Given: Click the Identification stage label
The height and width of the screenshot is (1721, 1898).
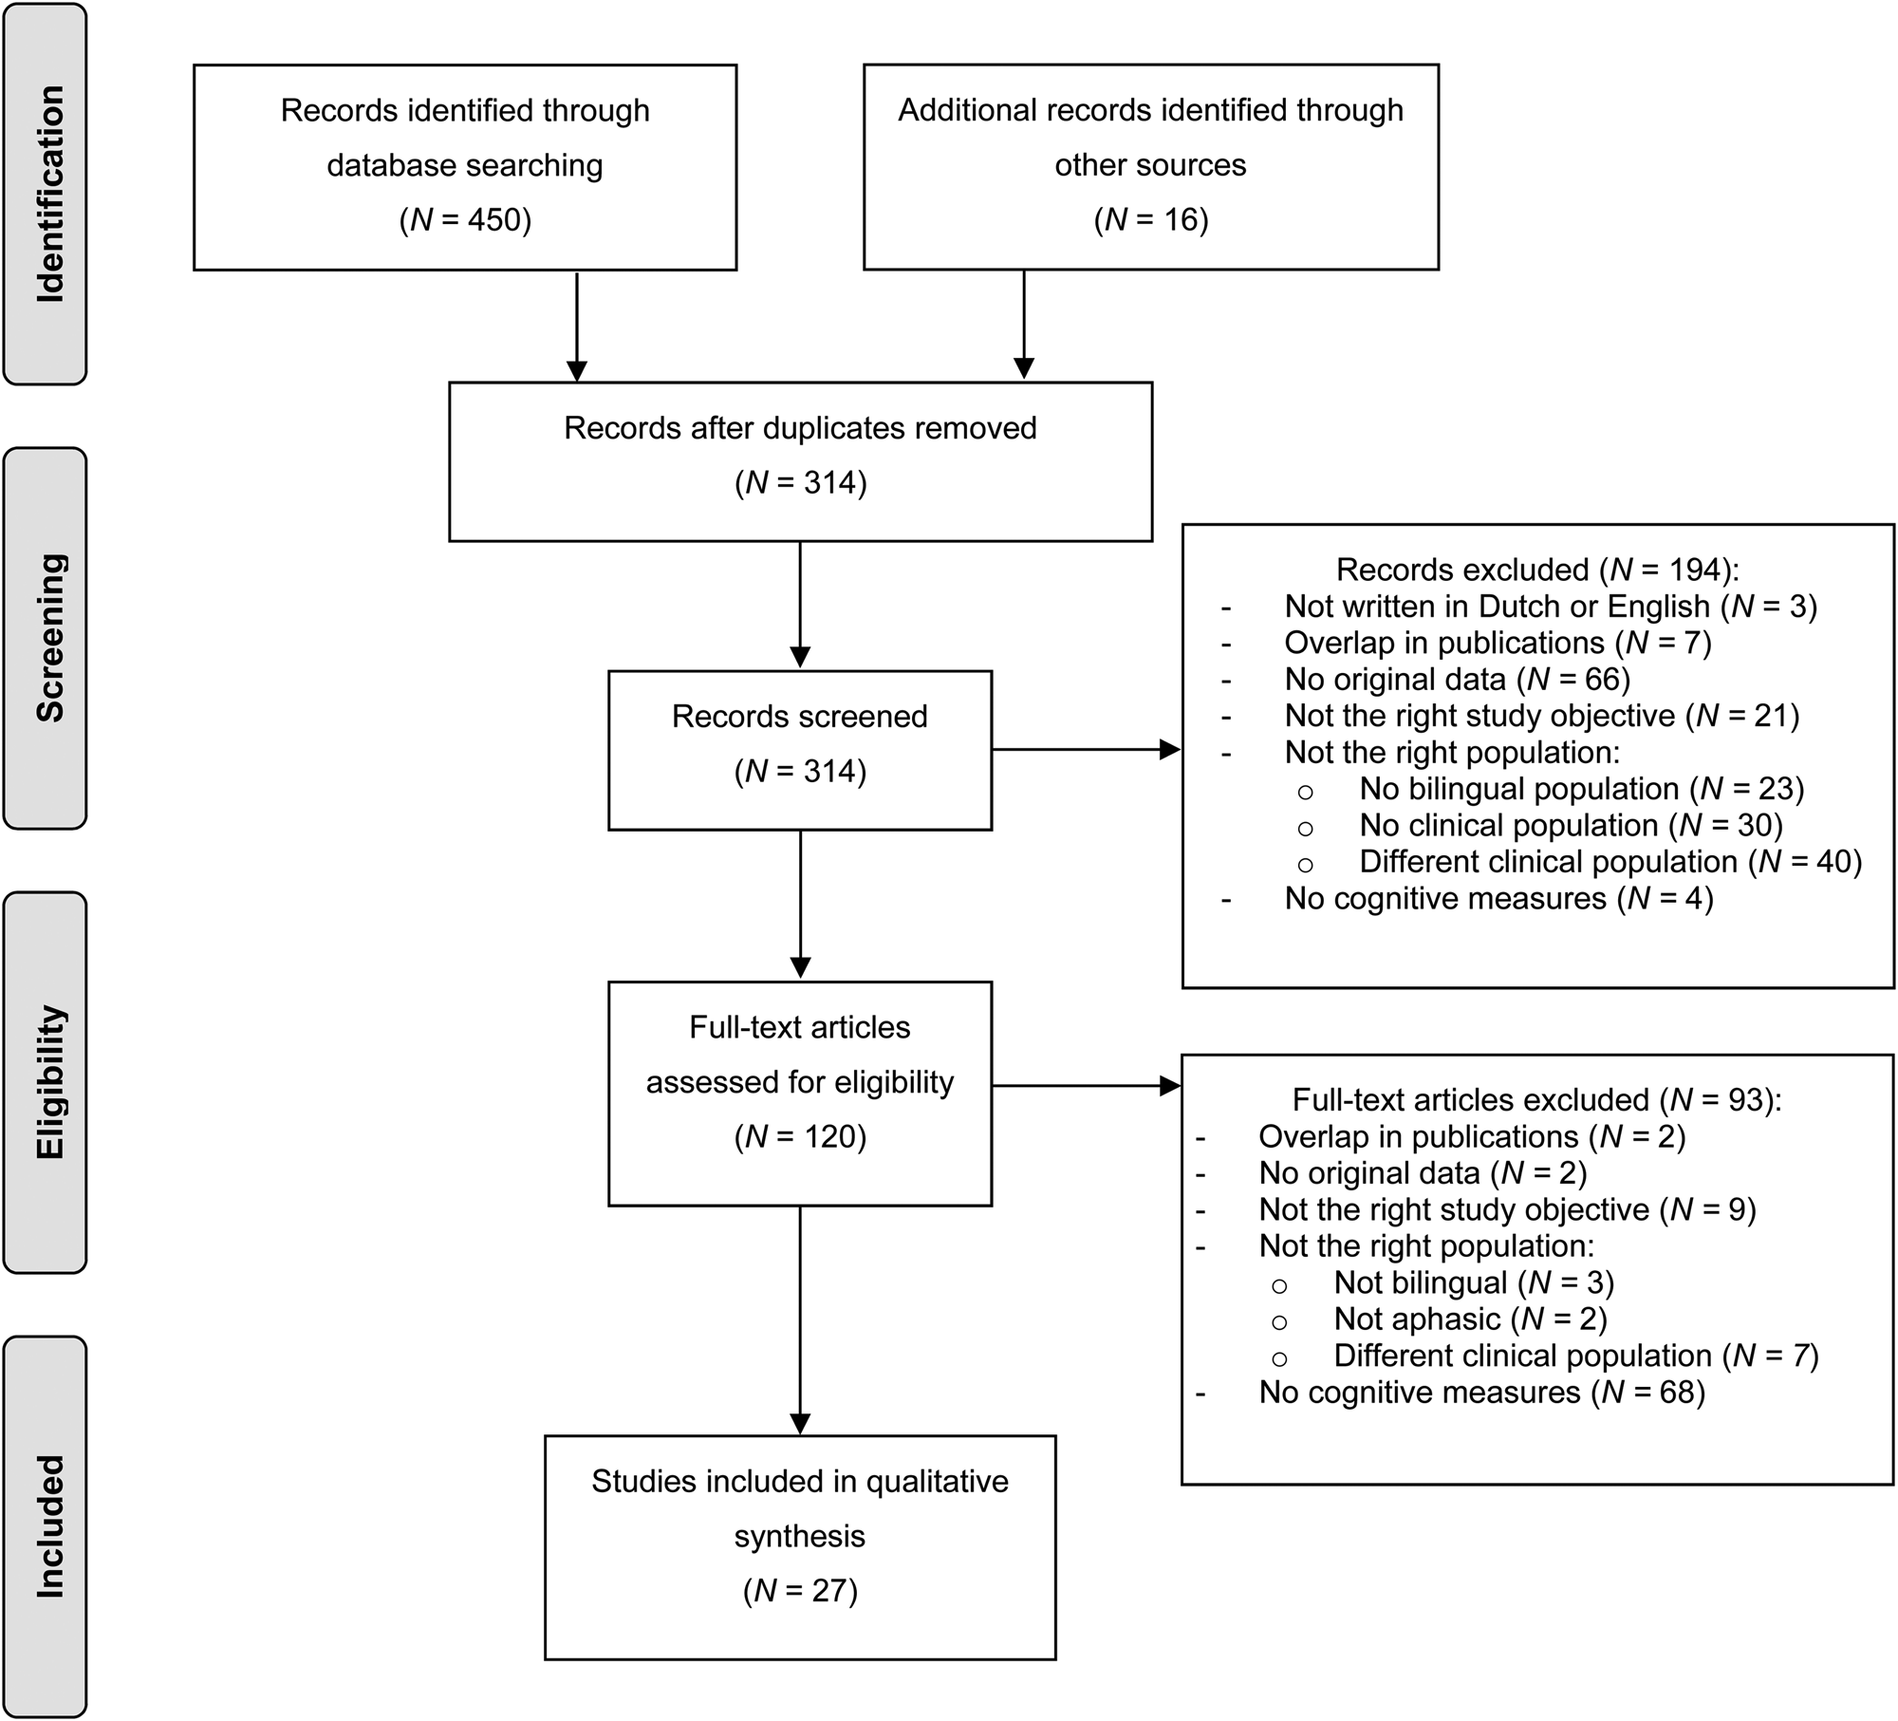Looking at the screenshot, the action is pyautogui.click(x=49, y=195).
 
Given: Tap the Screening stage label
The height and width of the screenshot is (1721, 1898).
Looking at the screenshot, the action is pyautogui.click(x=49, y=638).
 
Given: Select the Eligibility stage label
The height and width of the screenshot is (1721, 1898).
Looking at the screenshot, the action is pyautogui.click(x=49, y=1081).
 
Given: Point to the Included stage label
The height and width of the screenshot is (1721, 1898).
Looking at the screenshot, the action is pyautogui.click(x=49, y=1526).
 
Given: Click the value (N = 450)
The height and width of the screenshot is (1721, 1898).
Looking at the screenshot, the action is pyautogui.click(x=465, y=219).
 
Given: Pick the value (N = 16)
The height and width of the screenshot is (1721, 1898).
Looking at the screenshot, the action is pyautogui.click(x=1151, y=219).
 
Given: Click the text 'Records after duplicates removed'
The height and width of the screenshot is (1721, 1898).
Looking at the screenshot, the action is pyautogui.click(x=800, y=428).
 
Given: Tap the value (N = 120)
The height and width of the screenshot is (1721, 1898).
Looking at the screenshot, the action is pyautogui.click(x=800, y=1136).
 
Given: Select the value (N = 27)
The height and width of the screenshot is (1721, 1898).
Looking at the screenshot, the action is pyautogui.click(x=800, y=1590).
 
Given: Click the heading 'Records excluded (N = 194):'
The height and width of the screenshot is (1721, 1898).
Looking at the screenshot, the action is pyautogui.click(x=1537, y=570).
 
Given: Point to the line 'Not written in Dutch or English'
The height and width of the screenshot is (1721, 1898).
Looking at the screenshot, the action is pyautogui.click(x=1498, y=606).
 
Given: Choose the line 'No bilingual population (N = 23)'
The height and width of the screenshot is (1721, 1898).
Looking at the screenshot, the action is pyautogui.click(x=1582, y=789).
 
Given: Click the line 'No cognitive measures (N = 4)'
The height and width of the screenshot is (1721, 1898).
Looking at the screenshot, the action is pyautogui.click(x=1499, y=898).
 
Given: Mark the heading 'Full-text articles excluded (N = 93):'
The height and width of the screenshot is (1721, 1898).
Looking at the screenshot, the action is pyautogui.click(x=1537, y=1099).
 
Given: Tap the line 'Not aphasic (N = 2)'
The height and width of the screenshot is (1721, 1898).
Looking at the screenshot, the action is pyautogui.click(x=1471, y=1319).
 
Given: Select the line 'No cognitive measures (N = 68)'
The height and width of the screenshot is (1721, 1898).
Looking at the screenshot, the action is pyautogui.click(x=1482, y=1392).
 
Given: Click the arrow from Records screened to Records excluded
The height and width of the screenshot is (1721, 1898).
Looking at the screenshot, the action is pyautogui.click(x=1086, y=750).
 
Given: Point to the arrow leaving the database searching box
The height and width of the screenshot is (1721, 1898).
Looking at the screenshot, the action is pyautogui.click(x=577, y=326).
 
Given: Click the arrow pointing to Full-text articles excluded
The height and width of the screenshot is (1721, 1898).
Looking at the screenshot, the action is pyautogui.click(x=1086, y=1086).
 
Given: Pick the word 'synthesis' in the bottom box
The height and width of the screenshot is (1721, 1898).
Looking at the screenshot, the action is pyautogui.click(x=800, y=1536).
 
